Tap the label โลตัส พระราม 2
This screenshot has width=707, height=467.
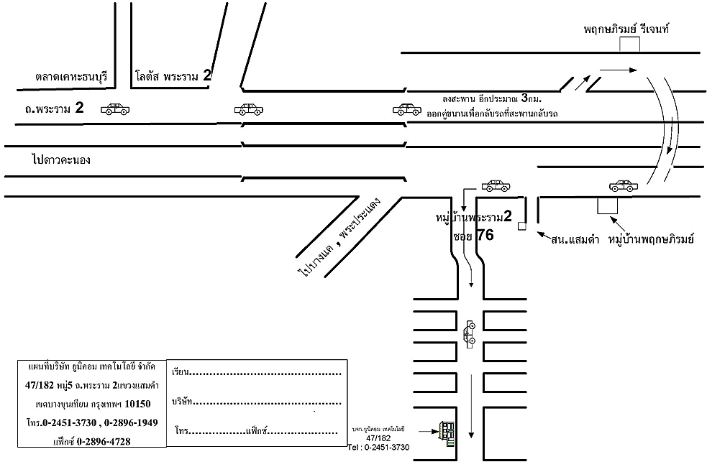tap(173, 75)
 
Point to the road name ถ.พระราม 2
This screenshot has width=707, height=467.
tap(54, 109)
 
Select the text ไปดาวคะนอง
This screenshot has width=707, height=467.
tap(61, 160)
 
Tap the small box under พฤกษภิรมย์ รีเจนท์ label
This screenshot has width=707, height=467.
tap(630, 45)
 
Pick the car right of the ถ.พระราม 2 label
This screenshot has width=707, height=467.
tap(115, 109)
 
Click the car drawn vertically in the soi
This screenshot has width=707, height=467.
tap(470, 333)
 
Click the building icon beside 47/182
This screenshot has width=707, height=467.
tap(447, 433)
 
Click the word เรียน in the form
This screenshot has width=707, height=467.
tap(181, 373)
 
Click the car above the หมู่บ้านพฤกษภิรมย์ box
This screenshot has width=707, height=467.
tap(623, 186)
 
